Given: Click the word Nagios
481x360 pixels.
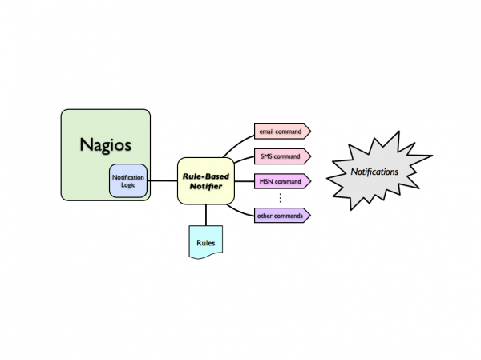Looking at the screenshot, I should coord(105,145).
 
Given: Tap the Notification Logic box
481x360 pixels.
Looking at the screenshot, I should coord(128,180).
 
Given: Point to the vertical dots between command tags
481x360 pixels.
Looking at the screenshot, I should coord(281,198).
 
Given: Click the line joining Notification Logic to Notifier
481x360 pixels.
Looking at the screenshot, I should coord(163,180).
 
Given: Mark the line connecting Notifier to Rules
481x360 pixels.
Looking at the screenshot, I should coord(206,215).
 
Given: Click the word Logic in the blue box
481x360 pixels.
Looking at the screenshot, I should coord(128,185).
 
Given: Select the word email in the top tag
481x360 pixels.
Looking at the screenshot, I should coord(267,131).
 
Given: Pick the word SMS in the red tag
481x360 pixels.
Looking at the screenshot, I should coord(266,156).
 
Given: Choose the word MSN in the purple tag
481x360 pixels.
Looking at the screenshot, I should coord(266,182).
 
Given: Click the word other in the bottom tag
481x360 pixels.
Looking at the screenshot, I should coord(265,215).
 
